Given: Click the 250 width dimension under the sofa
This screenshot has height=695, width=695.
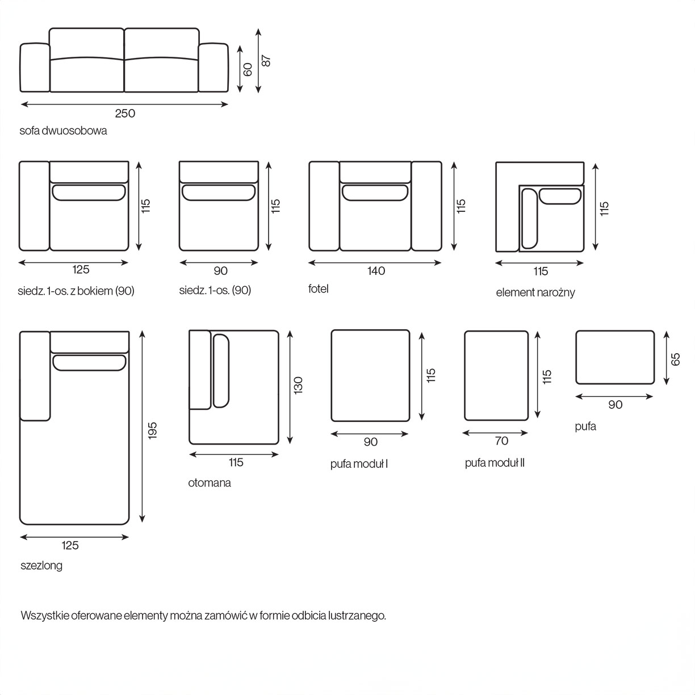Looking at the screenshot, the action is pos(125,113).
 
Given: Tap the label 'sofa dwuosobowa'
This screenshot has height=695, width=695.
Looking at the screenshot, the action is pos(63,131).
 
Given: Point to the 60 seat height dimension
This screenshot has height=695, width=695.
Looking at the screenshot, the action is pos(248,69).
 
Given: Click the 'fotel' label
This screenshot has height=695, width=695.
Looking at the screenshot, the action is pos(319,288).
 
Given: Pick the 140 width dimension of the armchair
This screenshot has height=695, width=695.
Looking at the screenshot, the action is pos(376,271).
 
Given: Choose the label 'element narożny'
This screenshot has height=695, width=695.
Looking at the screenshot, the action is pos(535,292).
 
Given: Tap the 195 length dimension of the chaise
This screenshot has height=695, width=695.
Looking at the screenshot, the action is pos(152,430).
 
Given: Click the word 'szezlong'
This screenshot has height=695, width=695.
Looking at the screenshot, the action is pos(41,566).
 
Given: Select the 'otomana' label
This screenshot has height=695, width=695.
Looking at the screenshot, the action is pos(210,483).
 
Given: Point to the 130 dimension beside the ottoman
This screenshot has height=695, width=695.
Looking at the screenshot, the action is pos(299,385).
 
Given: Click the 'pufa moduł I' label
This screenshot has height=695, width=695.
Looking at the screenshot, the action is pos(359,464).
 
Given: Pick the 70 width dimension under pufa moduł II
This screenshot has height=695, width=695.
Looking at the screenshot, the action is pos(501,441).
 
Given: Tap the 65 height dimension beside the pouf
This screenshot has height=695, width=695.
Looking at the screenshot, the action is pos(675,359).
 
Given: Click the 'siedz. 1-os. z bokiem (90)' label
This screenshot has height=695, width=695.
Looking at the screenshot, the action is pos(76,291).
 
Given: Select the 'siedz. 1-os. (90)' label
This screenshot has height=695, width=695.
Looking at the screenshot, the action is pos(215,290).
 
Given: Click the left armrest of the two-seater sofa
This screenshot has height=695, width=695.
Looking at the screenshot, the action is pos(35,67).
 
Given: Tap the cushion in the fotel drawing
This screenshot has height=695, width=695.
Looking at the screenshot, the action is pos(375,192).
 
